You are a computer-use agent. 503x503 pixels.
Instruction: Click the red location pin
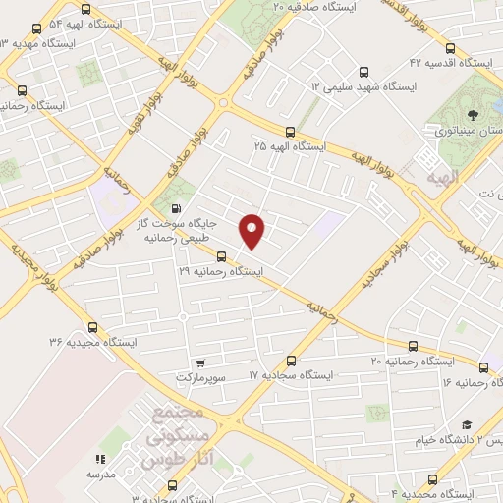click(x=253, y=229)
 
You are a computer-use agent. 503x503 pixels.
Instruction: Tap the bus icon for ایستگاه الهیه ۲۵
click(x=289, y=132)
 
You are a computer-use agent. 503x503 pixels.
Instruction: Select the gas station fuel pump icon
click(x=176, y=207)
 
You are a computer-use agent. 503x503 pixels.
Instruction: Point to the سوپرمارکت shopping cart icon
click(x=200, y=363)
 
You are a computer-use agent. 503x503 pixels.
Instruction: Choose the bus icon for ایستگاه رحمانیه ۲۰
click(x=413, y=346)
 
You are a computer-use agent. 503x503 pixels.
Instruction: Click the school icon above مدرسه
click(x=98, y=459)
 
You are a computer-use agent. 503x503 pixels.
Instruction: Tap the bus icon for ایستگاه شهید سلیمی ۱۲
click(x=364, y=72)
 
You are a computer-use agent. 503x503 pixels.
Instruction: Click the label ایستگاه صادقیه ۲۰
click(x=317, y=7)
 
